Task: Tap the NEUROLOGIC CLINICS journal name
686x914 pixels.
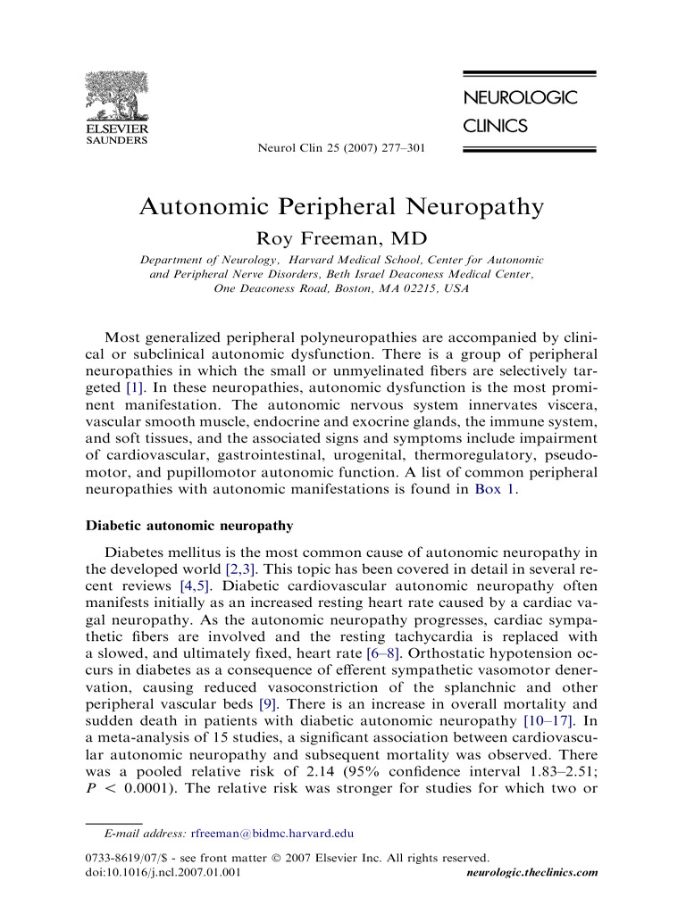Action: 519,112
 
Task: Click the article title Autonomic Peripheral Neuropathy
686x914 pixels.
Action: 341,207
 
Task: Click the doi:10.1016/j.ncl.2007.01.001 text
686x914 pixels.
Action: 162,873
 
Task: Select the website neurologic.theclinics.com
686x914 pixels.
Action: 532,873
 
